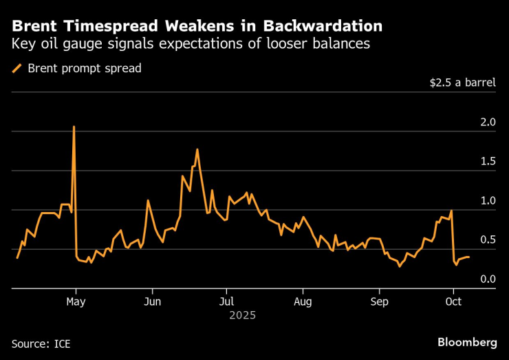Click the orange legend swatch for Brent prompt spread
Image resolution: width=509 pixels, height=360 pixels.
(17, 68)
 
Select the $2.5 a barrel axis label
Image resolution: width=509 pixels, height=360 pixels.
(462, 83)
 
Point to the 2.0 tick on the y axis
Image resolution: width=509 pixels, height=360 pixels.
(488, 123)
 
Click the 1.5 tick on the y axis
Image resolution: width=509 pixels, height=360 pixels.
(488, 162)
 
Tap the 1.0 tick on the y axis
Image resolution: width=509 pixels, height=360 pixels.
(488, 201)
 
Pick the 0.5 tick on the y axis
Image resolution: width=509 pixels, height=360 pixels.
(488, 240)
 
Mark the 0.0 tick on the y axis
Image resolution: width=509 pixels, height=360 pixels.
(488, 279)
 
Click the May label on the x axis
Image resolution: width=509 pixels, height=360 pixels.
(76, 301)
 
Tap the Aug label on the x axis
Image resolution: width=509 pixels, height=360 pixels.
(303, 301)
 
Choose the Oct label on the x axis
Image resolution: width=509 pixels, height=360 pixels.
(453, 301)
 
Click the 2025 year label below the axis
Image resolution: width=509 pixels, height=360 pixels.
(243, 315)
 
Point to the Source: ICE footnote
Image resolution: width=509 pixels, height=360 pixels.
(41, 343)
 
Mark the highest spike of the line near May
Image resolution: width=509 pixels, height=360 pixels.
(74, 127)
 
